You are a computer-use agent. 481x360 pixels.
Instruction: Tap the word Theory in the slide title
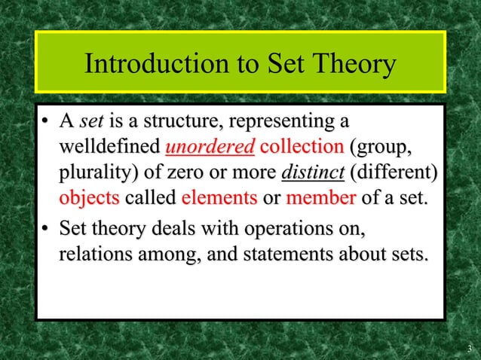click(x=351, y=65)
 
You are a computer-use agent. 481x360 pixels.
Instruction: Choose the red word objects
click(x=90, y=199)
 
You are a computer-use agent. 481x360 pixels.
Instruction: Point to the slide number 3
click(x=469, y=348)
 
